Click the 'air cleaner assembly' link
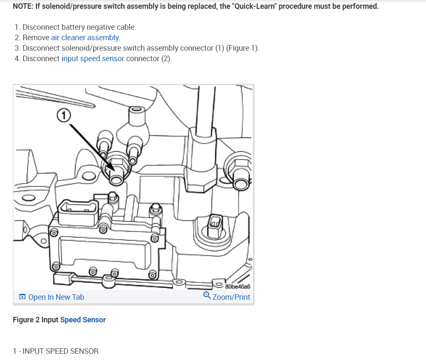point(85,38)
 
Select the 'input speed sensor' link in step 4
point(92,59)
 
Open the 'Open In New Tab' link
point(56,297)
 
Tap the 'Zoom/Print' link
point(231,297)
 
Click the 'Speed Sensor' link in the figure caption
point(83,320)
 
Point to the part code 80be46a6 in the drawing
point(237,287)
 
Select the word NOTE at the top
point(23,7)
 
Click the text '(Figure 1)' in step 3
point(243,48)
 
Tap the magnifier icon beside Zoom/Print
point(207,296)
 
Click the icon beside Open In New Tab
point(22,297)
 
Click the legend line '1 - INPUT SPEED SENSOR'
point(56,351)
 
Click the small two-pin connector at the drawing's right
point(214,222)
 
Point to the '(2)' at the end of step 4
point(167,59)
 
